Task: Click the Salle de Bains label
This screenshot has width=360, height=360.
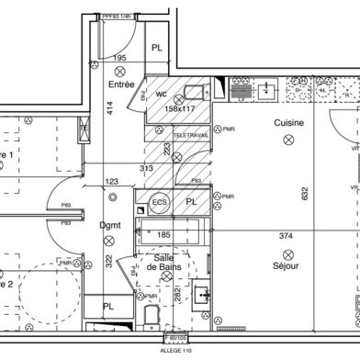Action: [x=165, y=263]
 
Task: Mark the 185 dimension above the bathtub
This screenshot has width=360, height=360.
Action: [x=166, y=235]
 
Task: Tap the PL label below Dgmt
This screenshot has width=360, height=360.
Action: [x=107, y=307]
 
